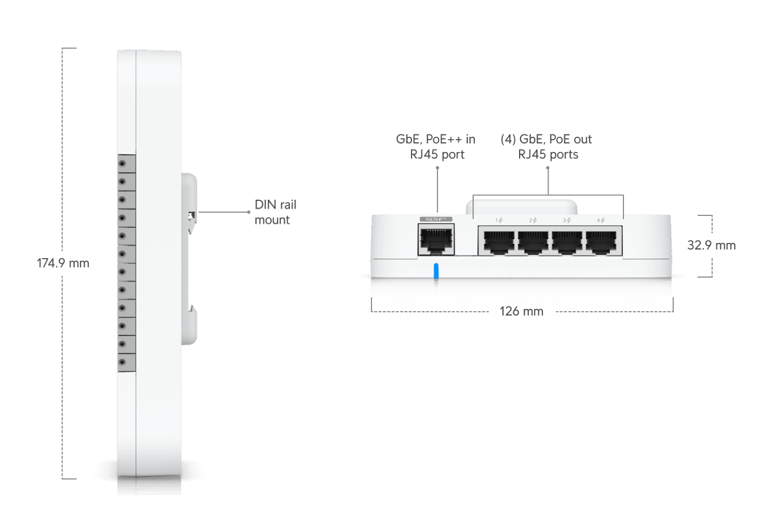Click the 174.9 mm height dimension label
coord(63,264)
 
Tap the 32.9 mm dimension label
coord(711,245)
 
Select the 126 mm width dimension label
coord(521,311)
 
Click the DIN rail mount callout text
coord(275,212)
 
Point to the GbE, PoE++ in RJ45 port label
coord(436,147)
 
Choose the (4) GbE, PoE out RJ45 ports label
coord(547,147)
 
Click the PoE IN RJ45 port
coord(436,240)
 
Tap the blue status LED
coord(436,272)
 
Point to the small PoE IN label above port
coord(436,219)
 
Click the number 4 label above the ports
coord(600,220)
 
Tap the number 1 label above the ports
coord(499,220)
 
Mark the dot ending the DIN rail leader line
coord(249,212)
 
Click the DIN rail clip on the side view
coord(190,216)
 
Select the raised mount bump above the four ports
coord(522,207)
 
